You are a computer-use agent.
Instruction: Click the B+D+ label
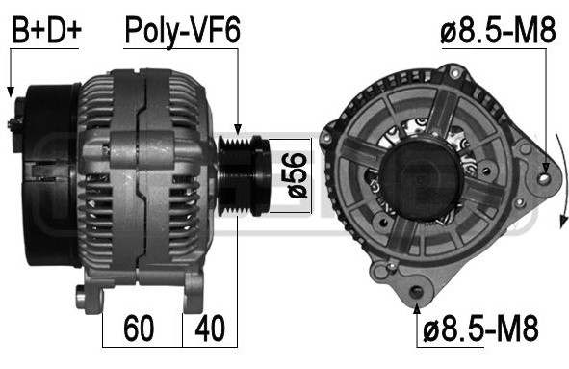(x=46, y=30)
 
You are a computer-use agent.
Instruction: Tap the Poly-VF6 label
(x=182, y=32)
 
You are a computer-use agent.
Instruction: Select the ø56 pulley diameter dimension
(x=297, y=175)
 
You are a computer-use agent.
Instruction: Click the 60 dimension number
(x=139, y=329)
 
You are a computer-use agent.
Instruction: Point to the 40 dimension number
(x=210, y=329)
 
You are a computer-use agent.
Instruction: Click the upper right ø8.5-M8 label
(x=498, y=30)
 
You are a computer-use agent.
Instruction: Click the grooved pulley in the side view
(x=244, y=175)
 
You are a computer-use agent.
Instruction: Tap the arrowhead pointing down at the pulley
(x=238, y=130)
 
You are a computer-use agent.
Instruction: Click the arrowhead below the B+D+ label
(x=11, y=92)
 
